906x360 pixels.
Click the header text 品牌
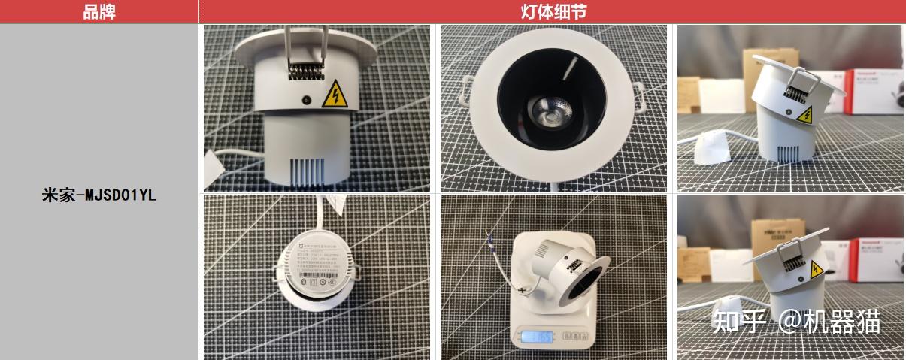(x=98, y=11)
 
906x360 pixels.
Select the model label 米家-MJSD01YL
(x=98, y=196)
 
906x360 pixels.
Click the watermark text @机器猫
(x=830, y=322)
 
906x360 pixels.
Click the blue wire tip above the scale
(x=490, y=240)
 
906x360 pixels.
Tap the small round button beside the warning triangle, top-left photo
(x=306, y=99)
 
